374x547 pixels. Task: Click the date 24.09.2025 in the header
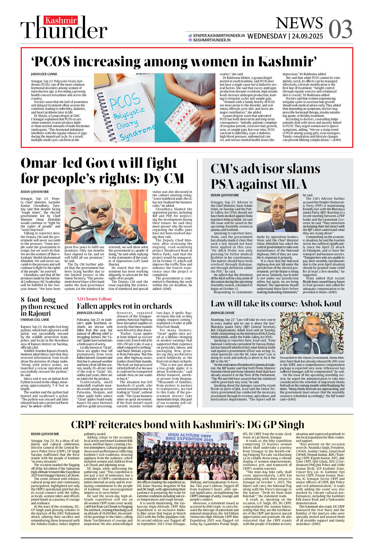[307, 36]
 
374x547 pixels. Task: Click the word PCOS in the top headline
[52, 62]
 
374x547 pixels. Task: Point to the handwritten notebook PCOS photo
[124, 107]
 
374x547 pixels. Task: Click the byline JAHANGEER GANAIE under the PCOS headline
[44, 74]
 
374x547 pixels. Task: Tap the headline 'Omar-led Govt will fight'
[99, 163]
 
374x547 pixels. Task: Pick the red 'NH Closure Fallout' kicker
[94, 299]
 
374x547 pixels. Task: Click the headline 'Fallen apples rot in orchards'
[124, 306]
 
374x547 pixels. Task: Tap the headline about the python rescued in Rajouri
[44, 306]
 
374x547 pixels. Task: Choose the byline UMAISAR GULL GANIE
[35, 320]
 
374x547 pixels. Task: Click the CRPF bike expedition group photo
[188, 456]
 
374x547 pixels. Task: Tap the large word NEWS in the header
[299, 23]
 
